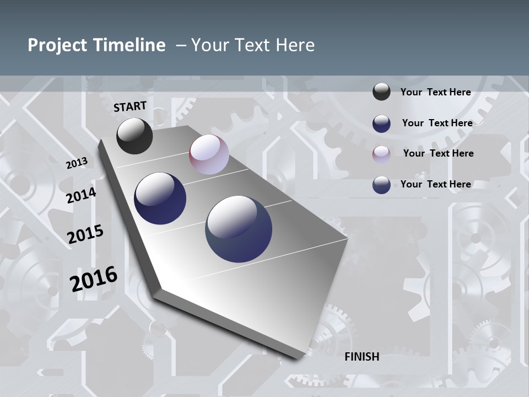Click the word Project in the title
point(57,45)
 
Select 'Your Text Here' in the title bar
point(253,45)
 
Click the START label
point(130,106)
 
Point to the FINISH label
point(362,357)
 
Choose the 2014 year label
point(82,195)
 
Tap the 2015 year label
point(85,234)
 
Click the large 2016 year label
point(94,278)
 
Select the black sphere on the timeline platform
point(134,136)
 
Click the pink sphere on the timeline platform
point(209,154)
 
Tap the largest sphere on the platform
point(239,229)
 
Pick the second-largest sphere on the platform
point(160,198)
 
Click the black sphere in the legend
point(381,92)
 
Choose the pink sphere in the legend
point(381,154)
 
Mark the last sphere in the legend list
point(381,185)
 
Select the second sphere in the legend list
point(381,124)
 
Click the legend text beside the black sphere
point(435,92)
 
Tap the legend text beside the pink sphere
point(438,153)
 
